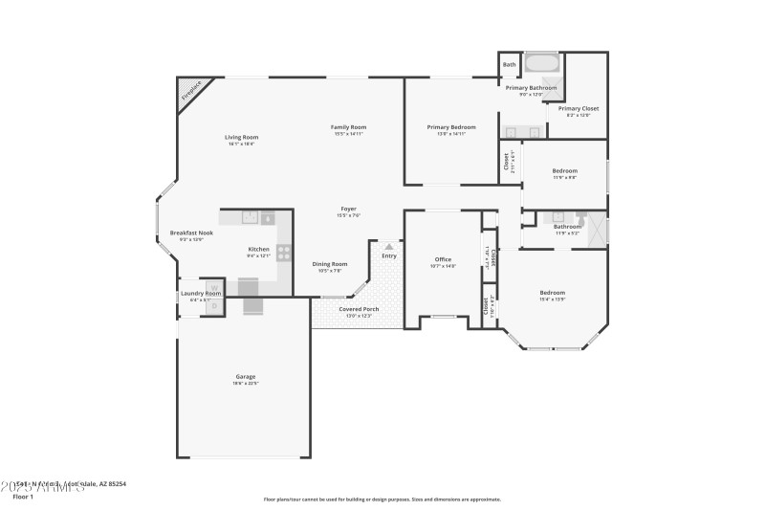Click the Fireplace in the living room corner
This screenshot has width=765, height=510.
click(x=190, y=94)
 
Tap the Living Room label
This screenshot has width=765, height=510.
click(x=242, y=137)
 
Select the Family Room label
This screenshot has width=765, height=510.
click(x=349, y=127)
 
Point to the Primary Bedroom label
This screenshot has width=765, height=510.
click(x=450, y=127)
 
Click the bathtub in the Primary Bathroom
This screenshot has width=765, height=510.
click(x=544, y=65)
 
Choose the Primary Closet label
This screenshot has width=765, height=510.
click(x=579, y=109)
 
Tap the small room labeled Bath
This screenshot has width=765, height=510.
click(x=510, y=65)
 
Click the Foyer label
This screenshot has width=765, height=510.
click(x=349, y=210)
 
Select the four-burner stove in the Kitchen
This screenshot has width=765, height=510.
click(x=284, y=255)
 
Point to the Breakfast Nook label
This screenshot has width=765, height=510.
click(x=191, y=233)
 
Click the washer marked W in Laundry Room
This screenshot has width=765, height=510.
click(x=215, y=286)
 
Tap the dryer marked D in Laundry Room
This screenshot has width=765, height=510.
click(x=215, y=304)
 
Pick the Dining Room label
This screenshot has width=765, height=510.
click(x=330, y=264)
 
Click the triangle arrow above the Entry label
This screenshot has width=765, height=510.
click(x=389, y=246)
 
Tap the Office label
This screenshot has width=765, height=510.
click(x=443, y=259)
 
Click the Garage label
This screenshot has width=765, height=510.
click(x=246, y=376)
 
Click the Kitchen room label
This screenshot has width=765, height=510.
click(x=259, y=250)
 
